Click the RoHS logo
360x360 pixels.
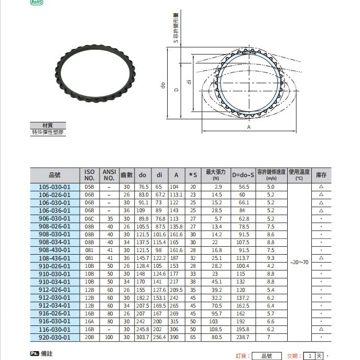pyautogui.click(x=37, y=3)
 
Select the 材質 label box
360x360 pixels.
pyautogui.click(x=48, y=125)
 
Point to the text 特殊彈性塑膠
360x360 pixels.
pyautogui.click(x=48, y=133)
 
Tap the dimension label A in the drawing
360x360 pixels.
pyautogui.click(x=248, y=127)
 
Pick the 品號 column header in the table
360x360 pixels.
pyautogui.click(x=54, y=175)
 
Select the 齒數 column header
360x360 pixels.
pyautogui.click(x=127, y=175)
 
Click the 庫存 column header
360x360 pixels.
pyautogui.click(x=321, y=175)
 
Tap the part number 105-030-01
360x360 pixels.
pyautogui.click(x=54, y=187)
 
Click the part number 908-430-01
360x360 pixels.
pyautogui.click(x=54, y=250)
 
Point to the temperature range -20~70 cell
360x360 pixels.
pyautogui.click(x=299, y=262)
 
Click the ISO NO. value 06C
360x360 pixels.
pyautogui.click(x=90, y=218)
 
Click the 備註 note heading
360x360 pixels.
pyautogui.click(x=47, y=354)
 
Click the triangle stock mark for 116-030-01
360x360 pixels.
pyautogui.click(x=321, y=329)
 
